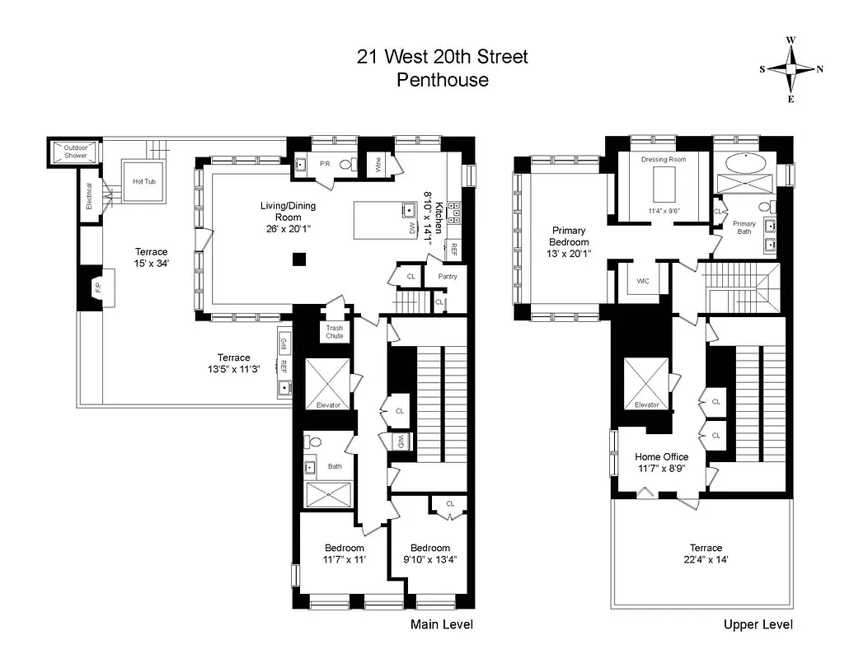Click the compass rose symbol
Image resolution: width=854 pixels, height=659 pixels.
(791, 69)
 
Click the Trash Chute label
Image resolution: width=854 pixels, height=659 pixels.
(335, 332)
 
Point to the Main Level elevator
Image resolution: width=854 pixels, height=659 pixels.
(327, 384)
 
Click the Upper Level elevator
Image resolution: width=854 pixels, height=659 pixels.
(646, 384)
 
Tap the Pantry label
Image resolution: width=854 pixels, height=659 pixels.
(448, 277)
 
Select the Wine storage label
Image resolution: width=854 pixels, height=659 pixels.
(379, 166)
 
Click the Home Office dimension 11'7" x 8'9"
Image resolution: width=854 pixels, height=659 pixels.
(661, 470)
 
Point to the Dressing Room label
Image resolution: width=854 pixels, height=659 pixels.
(663, 159)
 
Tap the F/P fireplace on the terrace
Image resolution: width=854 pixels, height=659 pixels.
(98, 288)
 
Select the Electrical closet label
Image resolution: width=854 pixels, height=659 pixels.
(89, 195)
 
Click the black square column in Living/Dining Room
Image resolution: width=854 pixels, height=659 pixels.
(299, 259)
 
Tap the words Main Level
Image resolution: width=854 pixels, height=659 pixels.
(442, 624)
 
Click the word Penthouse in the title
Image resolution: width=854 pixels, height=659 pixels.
(442, 80)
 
